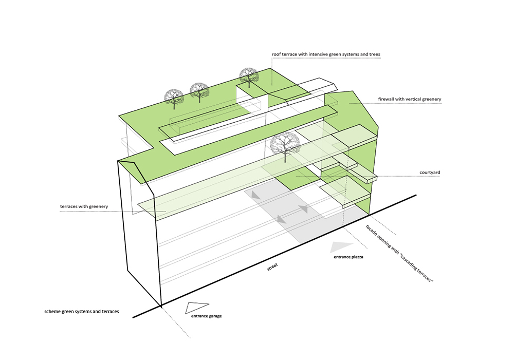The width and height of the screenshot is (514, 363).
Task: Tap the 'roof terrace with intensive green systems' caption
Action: click(326, 54)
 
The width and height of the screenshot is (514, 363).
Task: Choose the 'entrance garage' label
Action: click(206, 316)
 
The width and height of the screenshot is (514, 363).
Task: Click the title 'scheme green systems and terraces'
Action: click(82, 312)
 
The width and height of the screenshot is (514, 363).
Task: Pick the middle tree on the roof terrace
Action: click(199, 91)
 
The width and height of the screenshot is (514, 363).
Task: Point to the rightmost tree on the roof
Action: click(249, 76)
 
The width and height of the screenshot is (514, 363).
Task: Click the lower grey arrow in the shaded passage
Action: click(281, 219)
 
